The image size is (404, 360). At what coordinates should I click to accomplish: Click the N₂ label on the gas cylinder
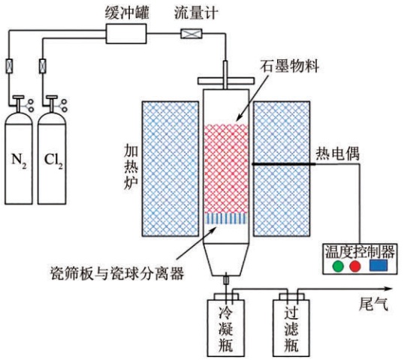19,160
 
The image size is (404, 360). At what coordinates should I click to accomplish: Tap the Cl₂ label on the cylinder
53,160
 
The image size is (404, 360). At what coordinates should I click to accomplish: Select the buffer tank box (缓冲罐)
126,34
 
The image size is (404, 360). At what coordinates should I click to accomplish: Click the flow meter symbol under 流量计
191,34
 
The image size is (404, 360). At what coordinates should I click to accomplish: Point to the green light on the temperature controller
338,266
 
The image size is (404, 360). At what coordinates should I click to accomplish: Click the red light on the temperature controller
354,266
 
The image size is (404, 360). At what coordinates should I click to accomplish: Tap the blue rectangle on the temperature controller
378,265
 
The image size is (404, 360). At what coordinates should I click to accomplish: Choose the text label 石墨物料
289,67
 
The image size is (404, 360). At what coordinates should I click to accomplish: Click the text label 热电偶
337,154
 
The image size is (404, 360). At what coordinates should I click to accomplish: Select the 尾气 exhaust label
373,304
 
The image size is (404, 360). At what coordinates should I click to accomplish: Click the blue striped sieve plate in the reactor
226,219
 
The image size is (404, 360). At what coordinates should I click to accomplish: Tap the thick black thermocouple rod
283,164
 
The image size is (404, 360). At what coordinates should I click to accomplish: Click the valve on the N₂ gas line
9,66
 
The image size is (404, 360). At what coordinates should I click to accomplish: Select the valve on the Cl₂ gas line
43,66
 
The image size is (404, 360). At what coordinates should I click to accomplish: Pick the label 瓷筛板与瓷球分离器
117,273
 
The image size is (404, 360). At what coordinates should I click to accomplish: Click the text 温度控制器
360,251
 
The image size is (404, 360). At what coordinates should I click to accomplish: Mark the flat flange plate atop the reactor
226,81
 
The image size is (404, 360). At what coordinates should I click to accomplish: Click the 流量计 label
196,13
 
